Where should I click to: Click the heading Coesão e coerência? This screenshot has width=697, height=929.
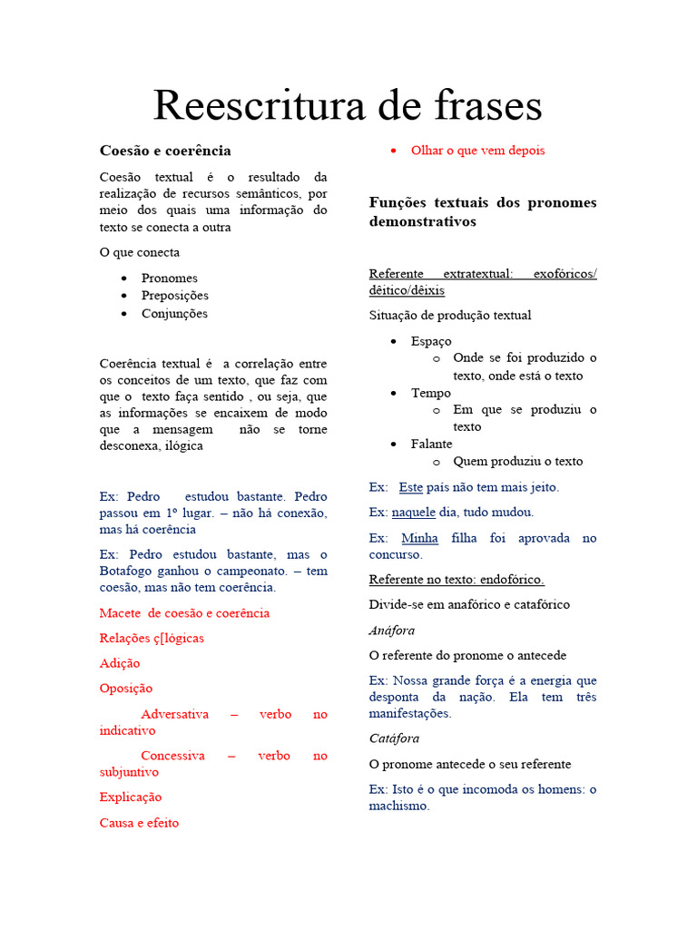pos(165,151)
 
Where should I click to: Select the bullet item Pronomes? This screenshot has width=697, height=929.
pos(169,279)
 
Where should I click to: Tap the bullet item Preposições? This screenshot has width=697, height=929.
pos(174,296)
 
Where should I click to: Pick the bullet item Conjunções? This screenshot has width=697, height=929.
pos(174,314)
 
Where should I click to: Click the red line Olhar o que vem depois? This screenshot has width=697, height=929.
pos(477,151)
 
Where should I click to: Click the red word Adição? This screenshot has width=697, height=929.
pos(120,663)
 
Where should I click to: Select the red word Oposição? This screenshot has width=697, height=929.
pos(126,689)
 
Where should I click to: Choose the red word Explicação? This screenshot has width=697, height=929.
pos(131,797)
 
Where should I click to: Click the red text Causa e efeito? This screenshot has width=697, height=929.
pos(139,823)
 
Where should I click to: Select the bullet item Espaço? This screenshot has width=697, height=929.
pos(431,342)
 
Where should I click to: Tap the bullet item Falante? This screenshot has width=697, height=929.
pos(431,445)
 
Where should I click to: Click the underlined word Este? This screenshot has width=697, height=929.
pos(411,487)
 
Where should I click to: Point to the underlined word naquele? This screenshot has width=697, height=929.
pos(414,513)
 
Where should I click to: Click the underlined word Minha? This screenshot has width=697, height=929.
pos(419,538)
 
